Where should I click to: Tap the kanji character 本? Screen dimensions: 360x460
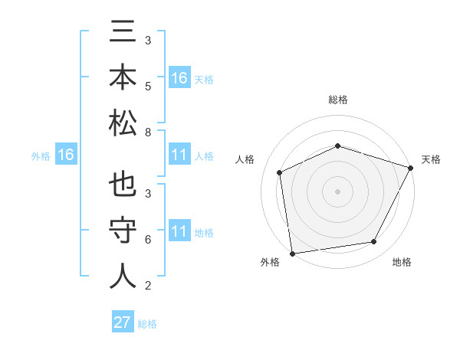tap(123, 78)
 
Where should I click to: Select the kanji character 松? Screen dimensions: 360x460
tap(123, 122)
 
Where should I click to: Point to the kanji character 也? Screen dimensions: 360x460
tap(123, 185)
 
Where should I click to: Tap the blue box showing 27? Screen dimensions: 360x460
tap(123, 322)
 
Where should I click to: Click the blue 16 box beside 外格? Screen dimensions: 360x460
tap(65, 155)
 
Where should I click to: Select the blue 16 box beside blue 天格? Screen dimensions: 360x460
tap(179, 78)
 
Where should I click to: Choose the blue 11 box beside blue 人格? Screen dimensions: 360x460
tap(179, 155)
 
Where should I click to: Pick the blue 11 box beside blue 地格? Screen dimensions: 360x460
tap(179, 231)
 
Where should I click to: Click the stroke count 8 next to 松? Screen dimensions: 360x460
tap(147, 133)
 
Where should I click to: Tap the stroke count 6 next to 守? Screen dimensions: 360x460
tap(147, 239)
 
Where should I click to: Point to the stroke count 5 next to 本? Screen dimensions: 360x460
tap(147, 86)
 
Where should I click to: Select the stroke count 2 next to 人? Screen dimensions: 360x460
tap(147, 286)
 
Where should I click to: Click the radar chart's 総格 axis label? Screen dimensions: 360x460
tap(337, 100)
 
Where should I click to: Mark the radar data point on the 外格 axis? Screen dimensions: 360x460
tap(292, 253)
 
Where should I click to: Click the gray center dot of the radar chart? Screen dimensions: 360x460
tap(337, 191)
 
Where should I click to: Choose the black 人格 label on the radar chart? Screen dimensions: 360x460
tap(245, 159)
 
